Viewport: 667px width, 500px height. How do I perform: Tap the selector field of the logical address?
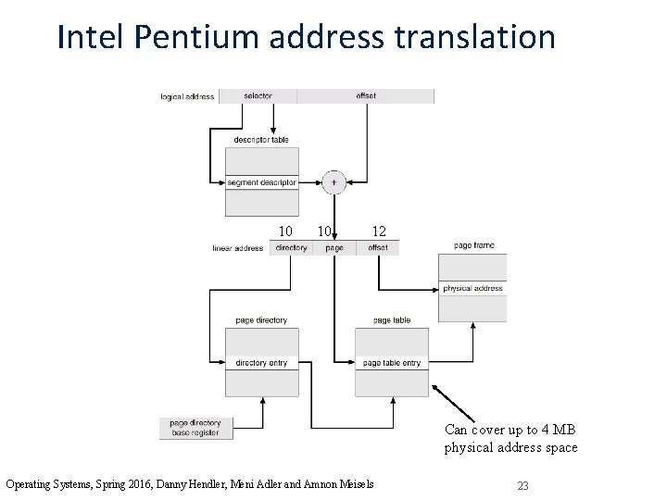(258, 95)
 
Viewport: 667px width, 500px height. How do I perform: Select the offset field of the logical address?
(365, 95)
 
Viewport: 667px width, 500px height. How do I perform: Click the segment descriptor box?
(261, 182)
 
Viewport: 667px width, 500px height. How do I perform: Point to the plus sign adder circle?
(333, 182)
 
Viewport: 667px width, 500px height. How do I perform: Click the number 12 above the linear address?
(379, 231)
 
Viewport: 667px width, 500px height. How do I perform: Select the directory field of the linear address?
(291, 248)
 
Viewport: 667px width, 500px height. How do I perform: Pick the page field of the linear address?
(334, 248)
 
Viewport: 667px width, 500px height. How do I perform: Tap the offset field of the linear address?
(378, 248)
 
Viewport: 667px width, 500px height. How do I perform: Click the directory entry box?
(261, 363)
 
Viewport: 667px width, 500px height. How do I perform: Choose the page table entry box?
(391, 363)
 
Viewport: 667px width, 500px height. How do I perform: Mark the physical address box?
(472, 289)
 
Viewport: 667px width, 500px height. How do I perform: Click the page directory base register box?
(195, 428)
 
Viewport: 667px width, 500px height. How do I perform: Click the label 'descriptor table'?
(261, 140)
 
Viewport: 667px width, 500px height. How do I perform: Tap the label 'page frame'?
(473, 245)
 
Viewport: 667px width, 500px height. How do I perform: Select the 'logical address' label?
(187, 96)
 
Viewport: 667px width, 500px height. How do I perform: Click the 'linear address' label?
(238, 248)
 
